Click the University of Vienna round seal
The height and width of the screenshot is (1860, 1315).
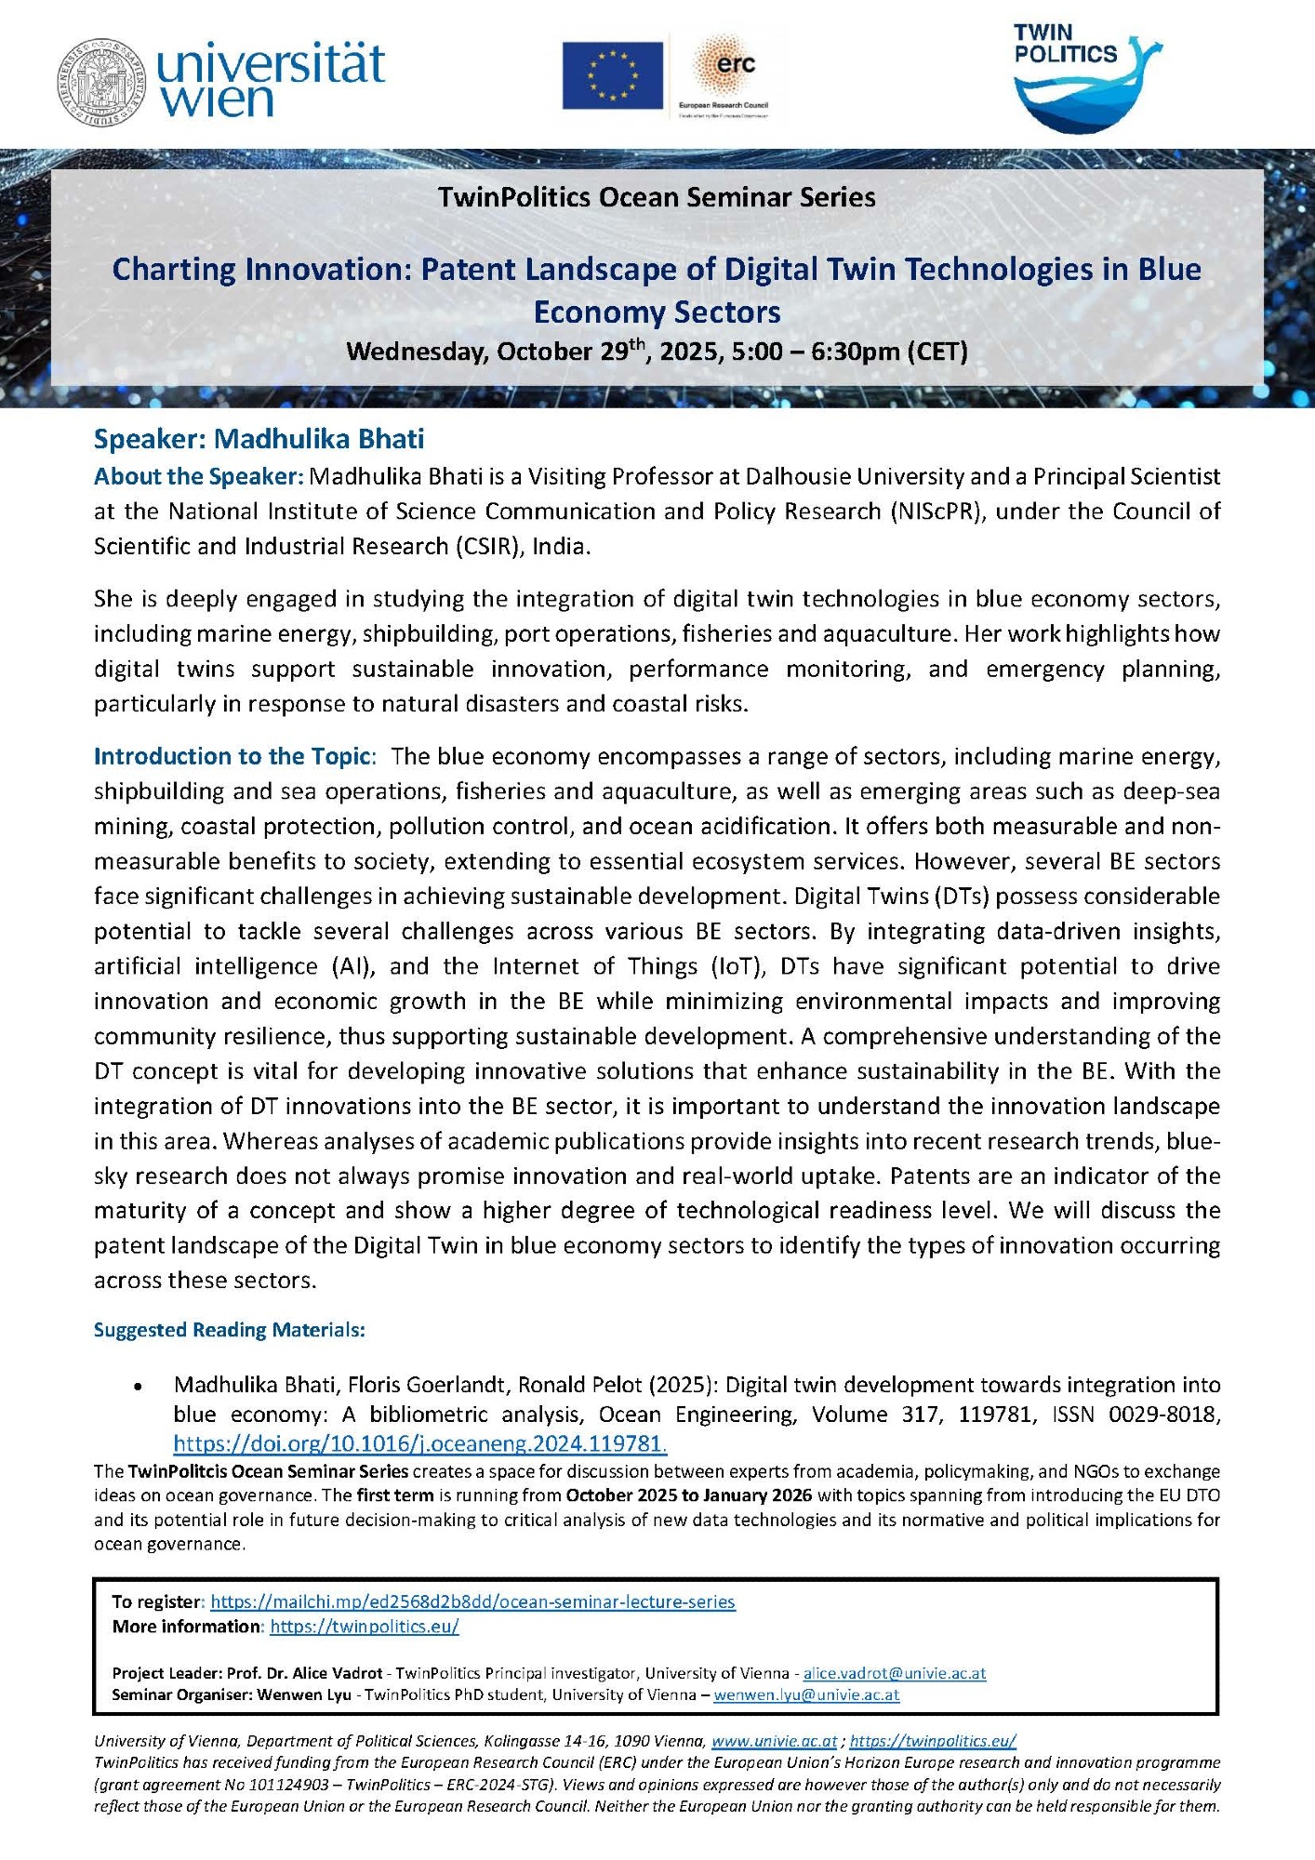tap(101, 85)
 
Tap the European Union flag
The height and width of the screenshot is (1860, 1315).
tap(612, 75)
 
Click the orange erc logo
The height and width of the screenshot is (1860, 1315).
tap(729, 67)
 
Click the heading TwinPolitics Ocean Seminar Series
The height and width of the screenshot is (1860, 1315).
tap(657, 197)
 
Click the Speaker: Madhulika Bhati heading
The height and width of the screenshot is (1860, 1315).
tap(259, 438)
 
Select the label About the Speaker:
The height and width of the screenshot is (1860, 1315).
tap(198, 476)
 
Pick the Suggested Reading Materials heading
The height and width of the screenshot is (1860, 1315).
tap(229, 1330)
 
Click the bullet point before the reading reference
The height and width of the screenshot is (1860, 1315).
tap(139, 1387)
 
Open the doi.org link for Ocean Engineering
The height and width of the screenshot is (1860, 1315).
tap(420, 1443)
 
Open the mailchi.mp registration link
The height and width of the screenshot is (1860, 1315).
tap(472, 1601)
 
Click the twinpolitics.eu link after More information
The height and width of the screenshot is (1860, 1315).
tap(365, 1627)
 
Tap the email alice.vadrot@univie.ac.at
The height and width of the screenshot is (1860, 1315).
tap(894, 1673)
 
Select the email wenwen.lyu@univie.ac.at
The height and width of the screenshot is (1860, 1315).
tap(806, 1694)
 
